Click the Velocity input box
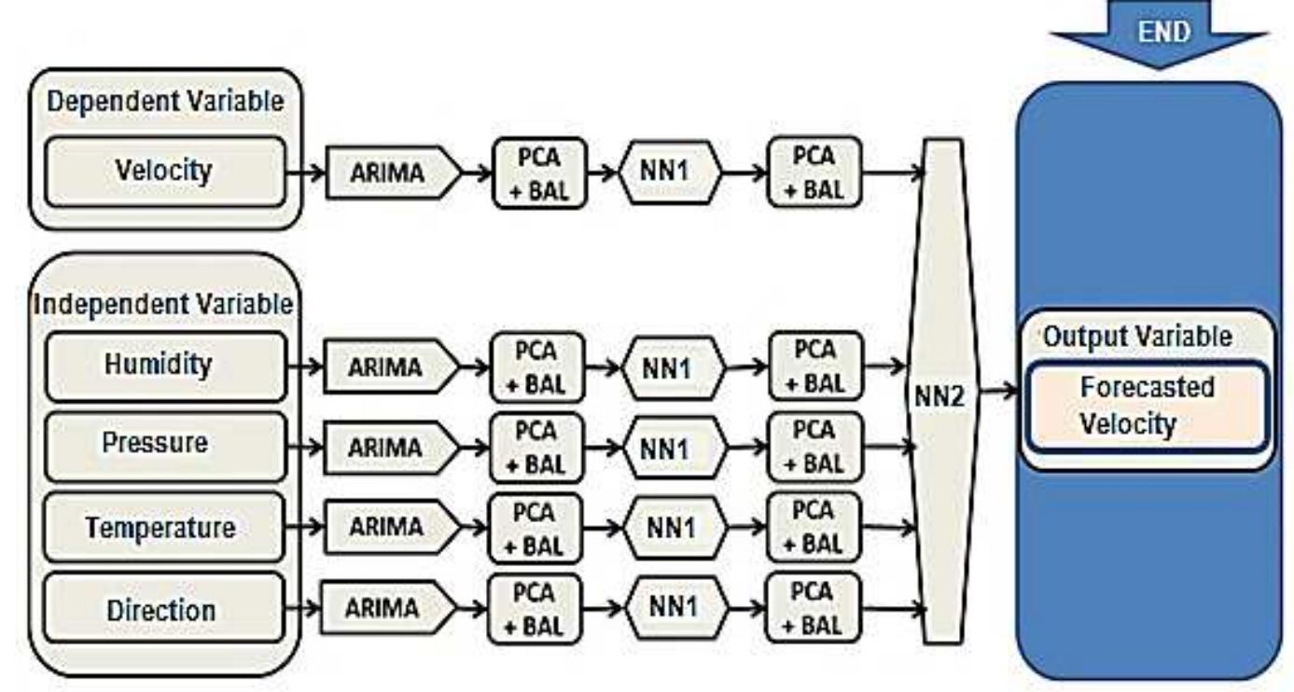[164, 172]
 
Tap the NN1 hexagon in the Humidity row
[671, 368]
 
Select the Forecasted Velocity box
[1146, 406]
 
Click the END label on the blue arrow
[1163, 31]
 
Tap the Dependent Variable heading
[164, 102]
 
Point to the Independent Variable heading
[164, 304]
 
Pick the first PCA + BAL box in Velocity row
[538, 173]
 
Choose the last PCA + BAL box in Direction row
[814, 609]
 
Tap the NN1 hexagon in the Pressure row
[671, 448]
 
